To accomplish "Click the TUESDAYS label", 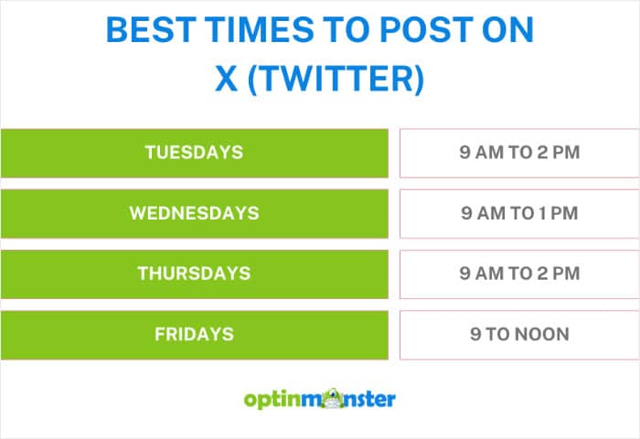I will pyautogui.click(x=194, y=153).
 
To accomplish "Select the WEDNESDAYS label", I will pyautogui.click(x=194, y=213).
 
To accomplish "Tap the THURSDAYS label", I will pyautogui.click(x=194, y=273).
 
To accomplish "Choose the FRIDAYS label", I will pyautogui.click(x=194, y=334).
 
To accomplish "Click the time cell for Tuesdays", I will pyautogui.click(x=519, y=153).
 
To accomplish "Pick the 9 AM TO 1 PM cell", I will pyautogui.click(x=519, y=213).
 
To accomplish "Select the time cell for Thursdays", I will pyautogui.click(x=519, y=273).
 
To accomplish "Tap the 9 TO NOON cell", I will pyautogui.click(x=519, y=334).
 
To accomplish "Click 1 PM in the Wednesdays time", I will pyautogui.click(x=561, y=213).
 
